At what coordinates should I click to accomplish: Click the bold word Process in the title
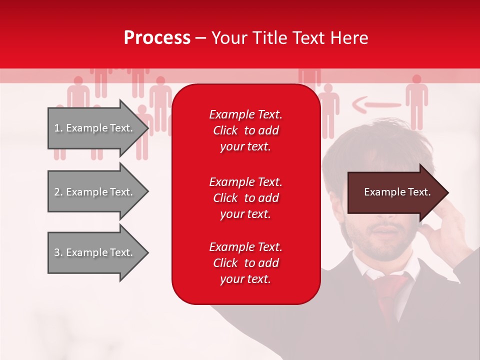point(157,38)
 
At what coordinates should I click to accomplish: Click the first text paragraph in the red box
point(245,130)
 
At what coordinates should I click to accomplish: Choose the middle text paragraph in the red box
point(245,198)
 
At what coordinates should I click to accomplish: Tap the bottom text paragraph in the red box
point(245,263)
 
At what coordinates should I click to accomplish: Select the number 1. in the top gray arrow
point(58,128)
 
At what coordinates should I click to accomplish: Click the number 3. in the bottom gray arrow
point(58,252)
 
